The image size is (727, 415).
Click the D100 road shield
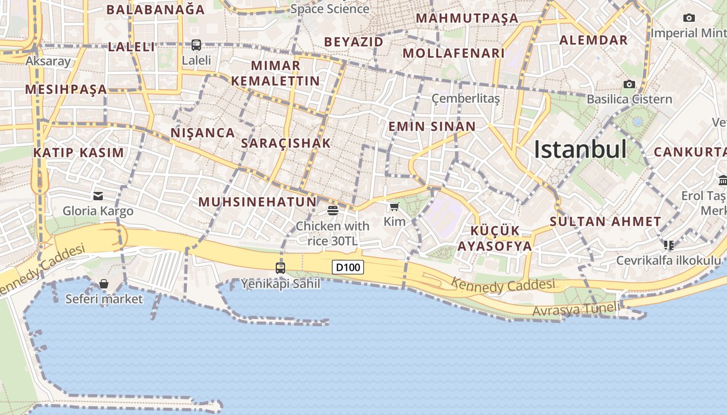click(x=347, y=268)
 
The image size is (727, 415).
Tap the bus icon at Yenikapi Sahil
click(x=280, y=268)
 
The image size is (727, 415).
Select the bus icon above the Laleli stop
click(x=196, y=45)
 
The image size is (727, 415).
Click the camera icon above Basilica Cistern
click(x=629, y=84)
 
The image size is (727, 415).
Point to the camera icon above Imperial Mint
click(x=689, y=18)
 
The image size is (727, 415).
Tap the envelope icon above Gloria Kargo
click(x=98, y=196)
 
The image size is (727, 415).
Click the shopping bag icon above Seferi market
click(x=104, y=284)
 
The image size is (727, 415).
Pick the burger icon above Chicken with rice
click(x=333, y=211)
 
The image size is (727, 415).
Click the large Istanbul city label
click(x=581, y=150)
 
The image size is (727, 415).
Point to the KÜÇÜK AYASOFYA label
click(x=495, y=239)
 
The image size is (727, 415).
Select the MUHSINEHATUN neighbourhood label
click(x=258, y=202)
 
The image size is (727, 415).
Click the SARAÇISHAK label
click(x=286, y=143)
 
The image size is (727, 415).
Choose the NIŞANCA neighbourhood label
click(x=203, y=133)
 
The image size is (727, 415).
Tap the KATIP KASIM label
click(x=79, y=153)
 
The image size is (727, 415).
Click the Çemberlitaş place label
click(x=466, y=99)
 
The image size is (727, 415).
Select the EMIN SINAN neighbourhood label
click(x=432, y=127)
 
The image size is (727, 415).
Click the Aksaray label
click(x=48, y=61)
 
